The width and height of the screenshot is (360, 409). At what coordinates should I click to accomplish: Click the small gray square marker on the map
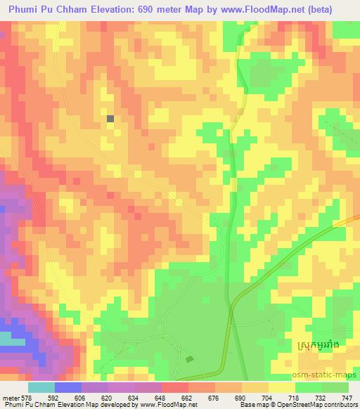coord(110,119)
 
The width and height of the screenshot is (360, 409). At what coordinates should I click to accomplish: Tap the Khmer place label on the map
coord(318,346)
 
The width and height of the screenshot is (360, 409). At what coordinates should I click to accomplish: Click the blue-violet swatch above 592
coord(68,387)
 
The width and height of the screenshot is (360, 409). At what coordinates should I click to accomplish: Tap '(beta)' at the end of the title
coord(336,7)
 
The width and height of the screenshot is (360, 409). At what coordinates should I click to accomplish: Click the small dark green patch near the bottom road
coord(188,359)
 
